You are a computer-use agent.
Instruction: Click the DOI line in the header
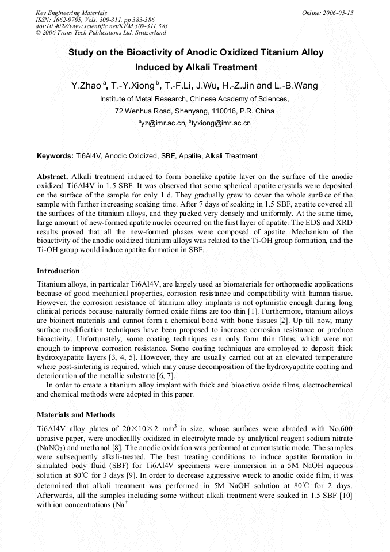click(x=101, y=26)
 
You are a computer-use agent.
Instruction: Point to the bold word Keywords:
click(x=55, y=156)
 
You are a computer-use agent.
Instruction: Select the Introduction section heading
click(x=58, y=271)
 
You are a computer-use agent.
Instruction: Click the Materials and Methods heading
click(x=76, y=415)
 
